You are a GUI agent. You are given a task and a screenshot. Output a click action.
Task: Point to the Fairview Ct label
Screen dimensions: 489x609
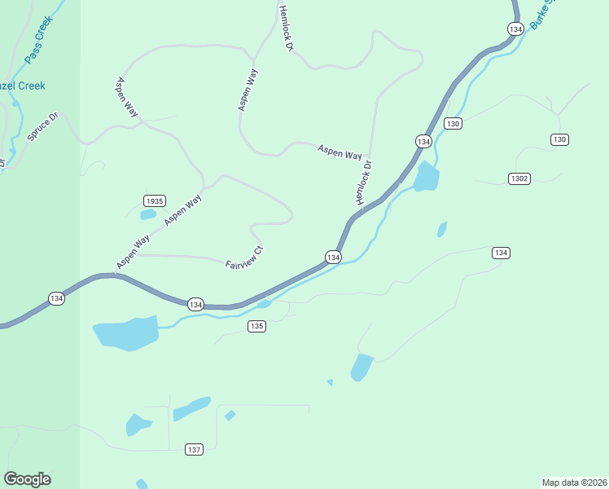click(x=245, y=258)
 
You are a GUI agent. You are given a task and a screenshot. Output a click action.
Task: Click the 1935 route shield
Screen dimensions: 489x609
click(x=155, y=200)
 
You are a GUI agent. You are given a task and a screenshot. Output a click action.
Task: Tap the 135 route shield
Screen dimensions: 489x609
click(x=256, y=326)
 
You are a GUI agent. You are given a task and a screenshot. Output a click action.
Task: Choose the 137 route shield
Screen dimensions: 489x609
click(x=194, y=450)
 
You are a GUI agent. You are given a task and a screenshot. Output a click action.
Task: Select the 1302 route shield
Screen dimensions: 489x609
click(x=519, y=178)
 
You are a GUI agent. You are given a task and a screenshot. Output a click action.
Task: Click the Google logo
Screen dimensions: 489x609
click(x=27, y=479)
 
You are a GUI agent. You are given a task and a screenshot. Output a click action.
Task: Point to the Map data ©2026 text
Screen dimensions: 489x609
click(x=574, y=482)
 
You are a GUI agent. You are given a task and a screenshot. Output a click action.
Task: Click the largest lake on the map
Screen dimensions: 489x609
click(x=126, y=333)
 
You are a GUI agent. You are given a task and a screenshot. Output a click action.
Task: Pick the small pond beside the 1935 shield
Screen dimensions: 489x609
click(x=148, y=215)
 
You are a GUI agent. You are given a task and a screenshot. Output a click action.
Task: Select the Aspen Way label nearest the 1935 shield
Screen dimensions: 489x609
click(x=182, y=210)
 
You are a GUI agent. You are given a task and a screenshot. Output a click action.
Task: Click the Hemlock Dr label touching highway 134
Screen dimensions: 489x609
click(x=363, y=182)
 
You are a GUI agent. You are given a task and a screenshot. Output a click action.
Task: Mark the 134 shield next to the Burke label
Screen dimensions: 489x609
click(x=515, y=29)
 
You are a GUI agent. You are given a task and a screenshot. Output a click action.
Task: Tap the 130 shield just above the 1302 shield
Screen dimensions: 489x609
click(x=559, y=139)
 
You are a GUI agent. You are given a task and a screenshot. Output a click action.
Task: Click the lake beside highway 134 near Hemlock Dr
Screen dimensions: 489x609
click(x=426, y=176)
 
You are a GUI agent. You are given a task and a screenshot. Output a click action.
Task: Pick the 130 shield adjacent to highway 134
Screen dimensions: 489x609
click(x=453, y=123)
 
